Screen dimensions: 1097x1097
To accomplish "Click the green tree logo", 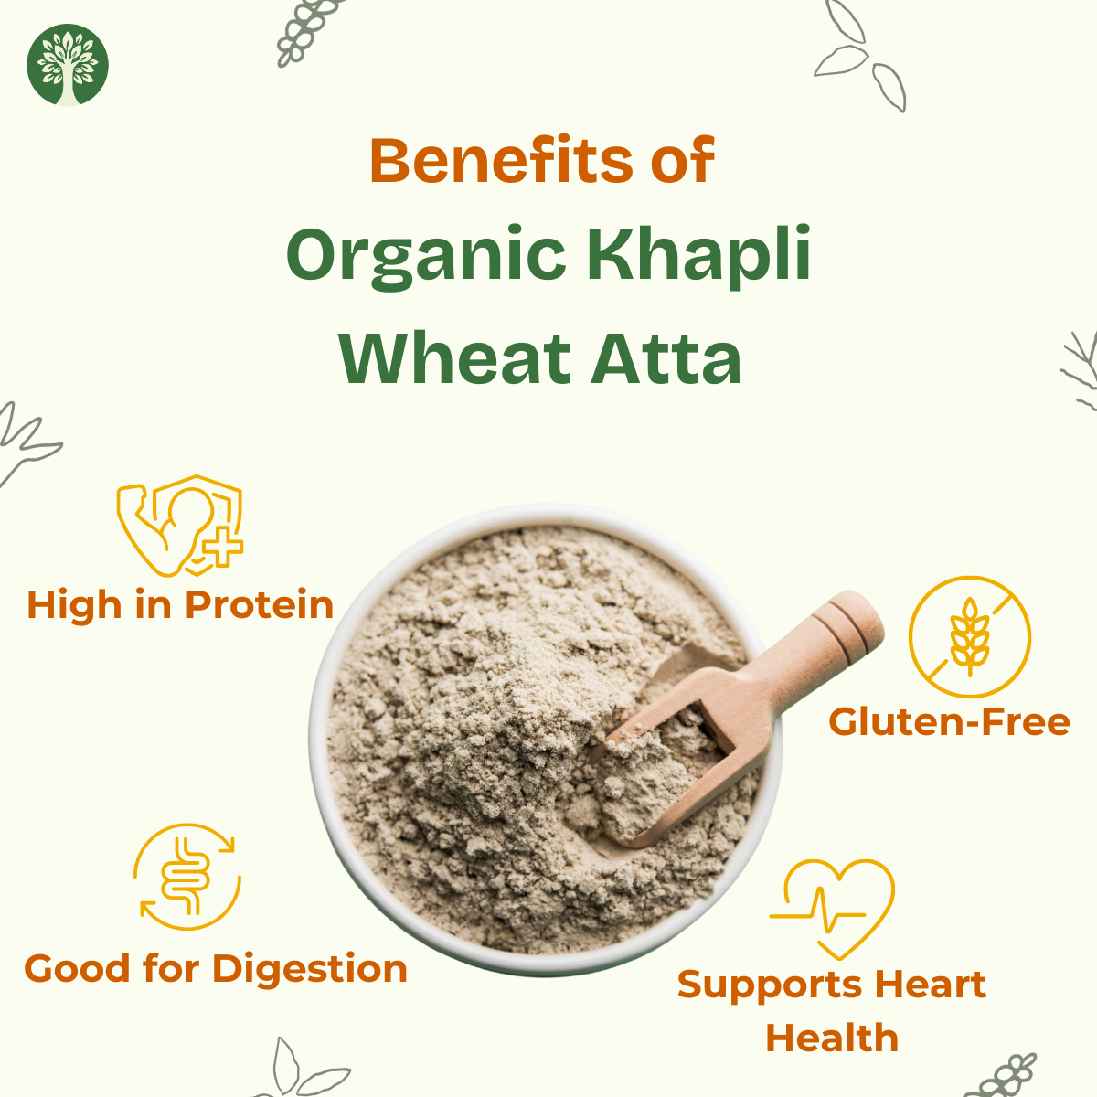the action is [67, 65].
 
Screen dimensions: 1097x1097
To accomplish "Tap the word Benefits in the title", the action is [501, 160].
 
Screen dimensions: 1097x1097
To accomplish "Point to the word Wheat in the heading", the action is [455, 358].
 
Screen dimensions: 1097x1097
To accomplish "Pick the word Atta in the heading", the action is [666, 358].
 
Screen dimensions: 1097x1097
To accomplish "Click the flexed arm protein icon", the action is [180, 526].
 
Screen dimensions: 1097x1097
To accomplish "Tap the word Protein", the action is [259, 604].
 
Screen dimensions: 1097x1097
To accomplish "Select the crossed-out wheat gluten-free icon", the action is [970, 636].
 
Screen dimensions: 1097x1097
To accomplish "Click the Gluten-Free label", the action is [949, 721].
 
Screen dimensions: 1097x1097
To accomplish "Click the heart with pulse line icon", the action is [832, 909].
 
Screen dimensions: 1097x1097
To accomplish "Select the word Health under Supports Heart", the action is [832, 1038].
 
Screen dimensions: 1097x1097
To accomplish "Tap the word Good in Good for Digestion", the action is [77, 968].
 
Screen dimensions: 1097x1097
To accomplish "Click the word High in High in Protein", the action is [75, 604].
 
